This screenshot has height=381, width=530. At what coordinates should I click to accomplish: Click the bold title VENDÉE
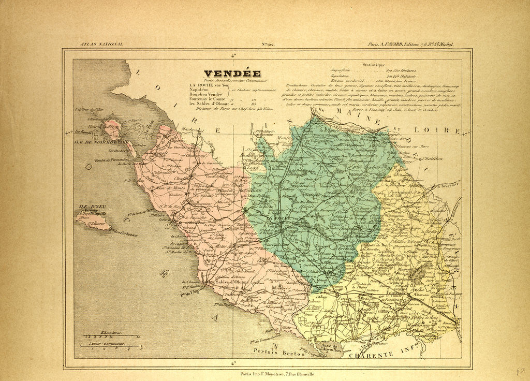click(232, 74)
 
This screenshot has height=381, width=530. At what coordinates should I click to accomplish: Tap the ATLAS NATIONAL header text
click(101, 45)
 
